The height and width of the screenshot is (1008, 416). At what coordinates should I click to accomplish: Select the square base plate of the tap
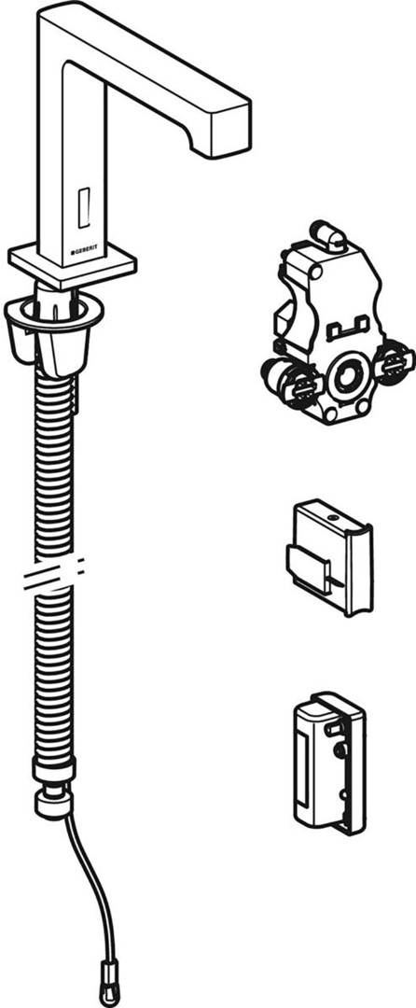[x=73, y=264]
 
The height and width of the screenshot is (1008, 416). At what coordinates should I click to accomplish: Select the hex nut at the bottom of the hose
[x=52, y=804]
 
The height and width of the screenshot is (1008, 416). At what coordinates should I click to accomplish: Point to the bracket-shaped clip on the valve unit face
[x=347, y=329]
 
